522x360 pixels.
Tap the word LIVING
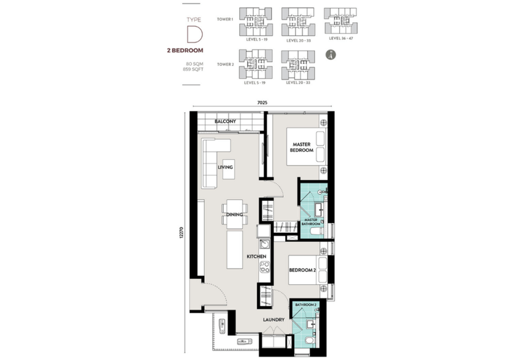226,168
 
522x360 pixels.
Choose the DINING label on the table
234,215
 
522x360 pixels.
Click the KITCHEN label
256,257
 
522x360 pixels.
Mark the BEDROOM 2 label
303,269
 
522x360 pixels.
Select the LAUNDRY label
273,320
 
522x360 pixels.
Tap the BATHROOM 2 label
305,305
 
